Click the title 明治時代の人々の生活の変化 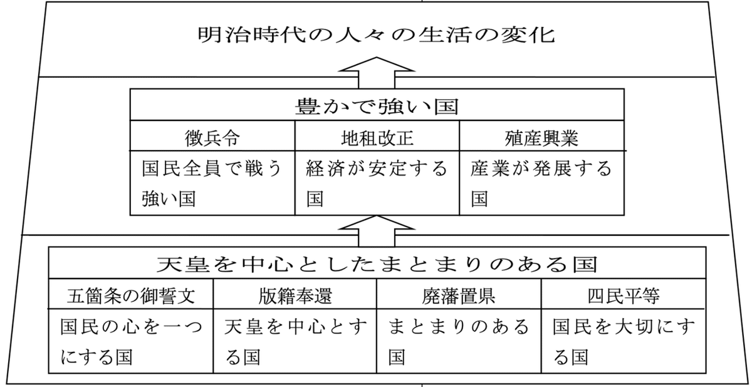[376, 34]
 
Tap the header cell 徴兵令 [212, 136]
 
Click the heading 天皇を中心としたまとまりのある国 [376, 263]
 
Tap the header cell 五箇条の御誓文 [131, 295]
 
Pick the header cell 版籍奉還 [295, 295]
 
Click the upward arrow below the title [376, 72]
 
